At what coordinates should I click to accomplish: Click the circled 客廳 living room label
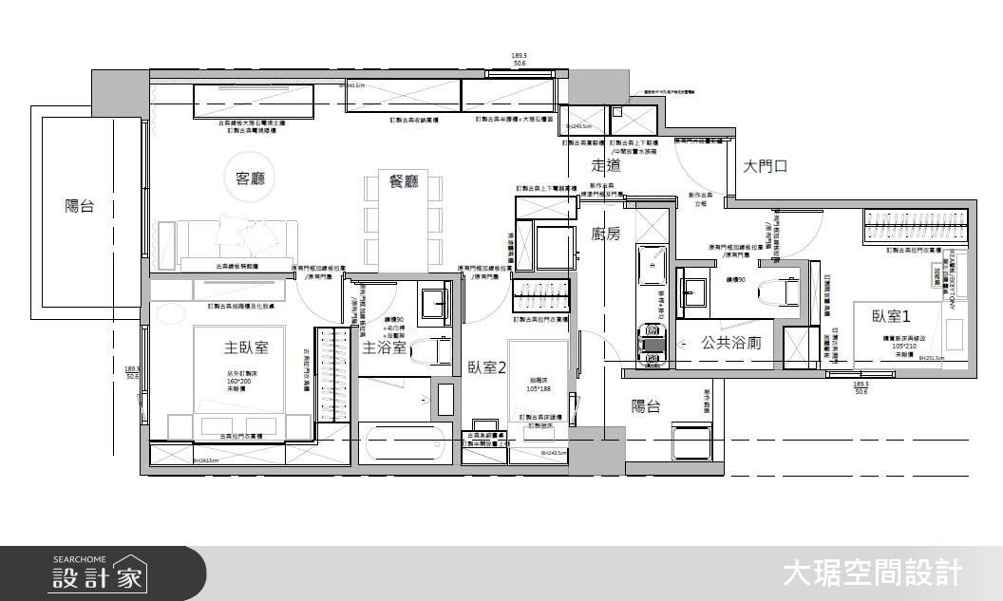click(x=250, y=178)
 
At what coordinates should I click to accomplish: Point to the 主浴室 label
click(x=385, y=347)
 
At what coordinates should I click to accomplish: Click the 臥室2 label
click(x=486, y=367)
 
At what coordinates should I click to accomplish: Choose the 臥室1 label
click(x=892, y=316)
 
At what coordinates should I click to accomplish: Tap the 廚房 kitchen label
click(x=605, y=234)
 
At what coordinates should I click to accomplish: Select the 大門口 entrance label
click(x=766, y=166)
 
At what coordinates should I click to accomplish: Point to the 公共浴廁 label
click(x=730, y=343)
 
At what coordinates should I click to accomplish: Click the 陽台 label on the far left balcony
click(x=80, y=206)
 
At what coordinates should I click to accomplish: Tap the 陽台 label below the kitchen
click(x=646, y=406)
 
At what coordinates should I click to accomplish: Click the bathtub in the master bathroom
click(x=403, y=442)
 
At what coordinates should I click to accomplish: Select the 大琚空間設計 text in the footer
click(x=872, y=573)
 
